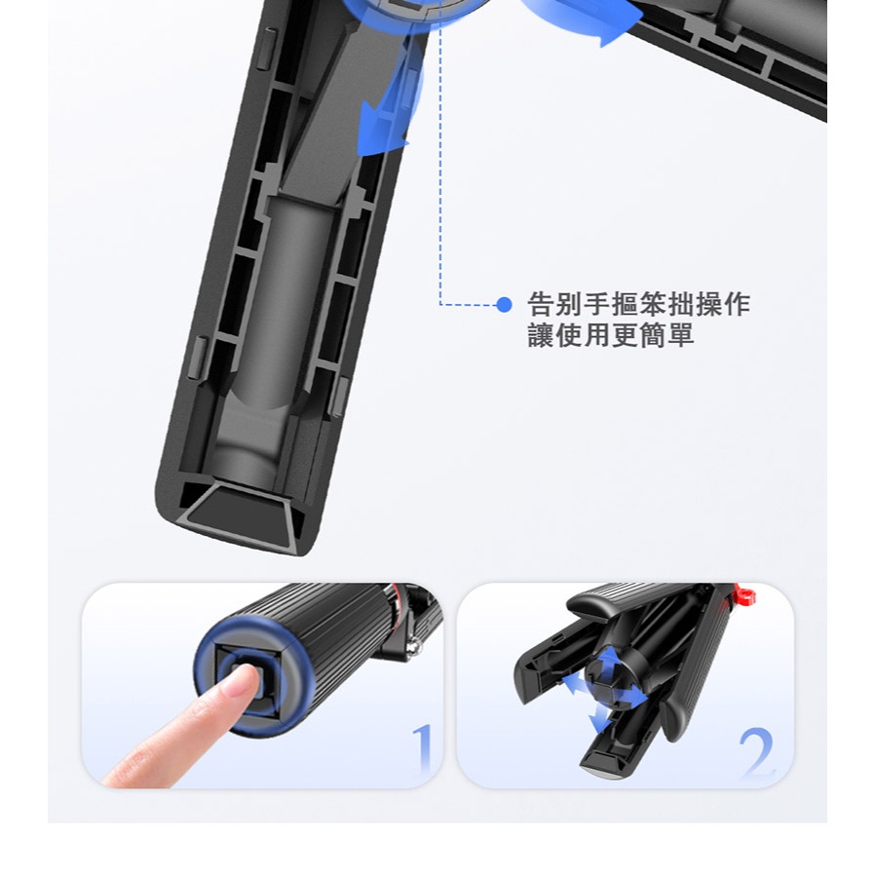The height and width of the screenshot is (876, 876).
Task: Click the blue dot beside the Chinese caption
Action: click(504, 304)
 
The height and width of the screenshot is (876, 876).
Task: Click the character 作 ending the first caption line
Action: click(737, 304)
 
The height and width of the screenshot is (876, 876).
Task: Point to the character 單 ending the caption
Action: click(680, 335)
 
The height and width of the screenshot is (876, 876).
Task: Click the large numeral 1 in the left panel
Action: click(422, 749)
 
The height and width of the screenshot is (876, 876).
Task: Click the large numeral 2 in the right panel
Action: click(756, 751)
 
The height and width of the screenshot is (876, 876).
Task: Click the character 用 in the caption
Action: click(597, 335)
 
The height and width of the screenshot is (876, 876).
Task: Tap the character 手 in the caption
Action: click(597, 304)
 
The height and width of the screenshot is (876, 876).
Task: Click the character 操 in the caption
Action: click(708, 304)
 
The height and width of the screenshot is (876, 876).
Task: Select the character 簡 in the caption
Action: click(653, 335)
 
